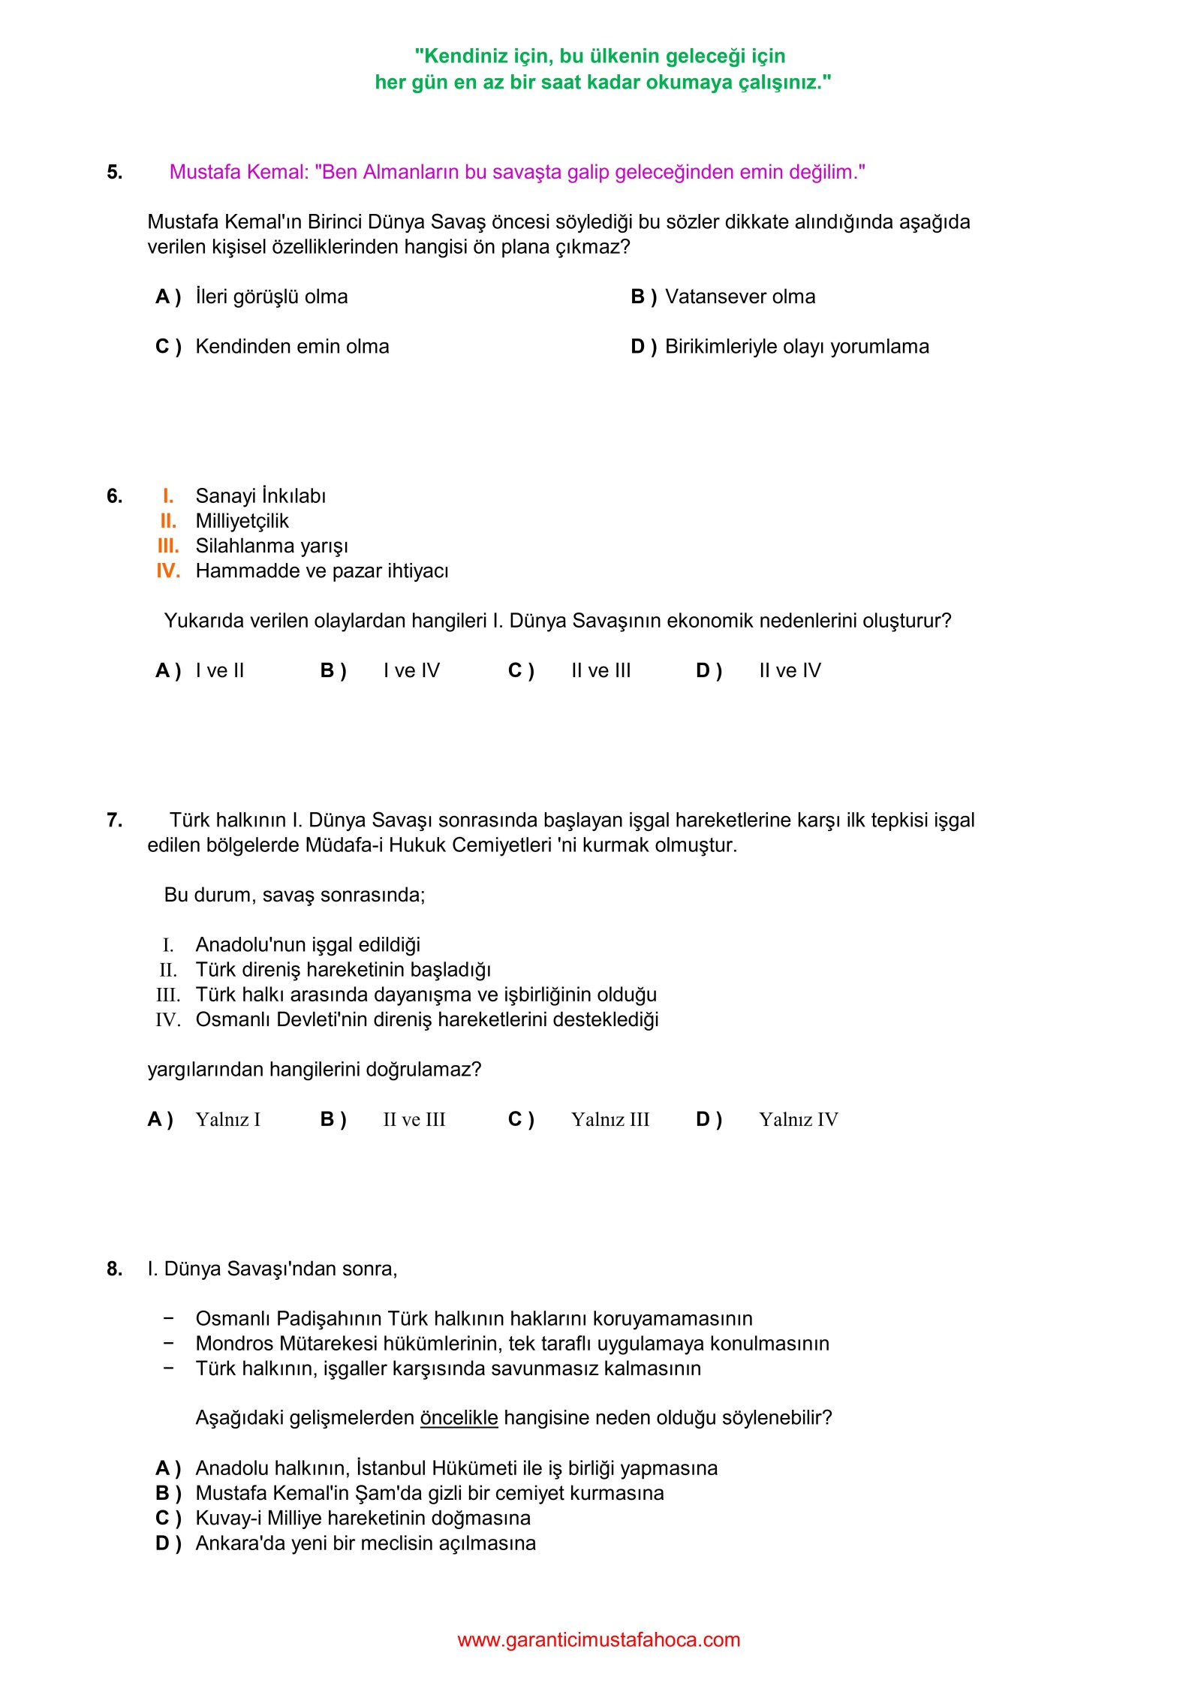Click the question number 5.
[114, 172]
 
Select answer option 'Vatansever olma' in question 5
[739, 297]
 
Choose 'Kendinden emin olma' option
[291, 346]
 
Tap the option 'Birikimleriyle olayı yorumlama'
[796, 346]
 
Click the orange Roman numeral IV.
[168, 571]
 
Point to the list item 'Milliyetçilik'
[242, 521]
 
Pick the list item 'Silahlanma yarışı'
[272, 546]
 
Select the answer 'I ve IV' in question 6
[411, 670]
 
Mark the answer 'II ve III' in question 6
[600, 670]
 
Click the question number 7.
[114, 820]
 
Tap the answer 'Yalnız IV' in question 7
[798, 1119]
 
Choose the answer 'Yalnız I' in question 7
[227, 1119]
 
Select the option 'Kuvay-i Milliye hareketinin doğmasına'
[363, 1518]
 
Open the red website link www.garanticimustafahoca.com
[598, 1639]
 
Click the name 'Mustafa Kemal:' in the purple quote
[239, 172]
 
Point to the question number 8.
[114, 1269]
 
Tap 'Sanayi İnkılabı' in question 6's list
[260, 496]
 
